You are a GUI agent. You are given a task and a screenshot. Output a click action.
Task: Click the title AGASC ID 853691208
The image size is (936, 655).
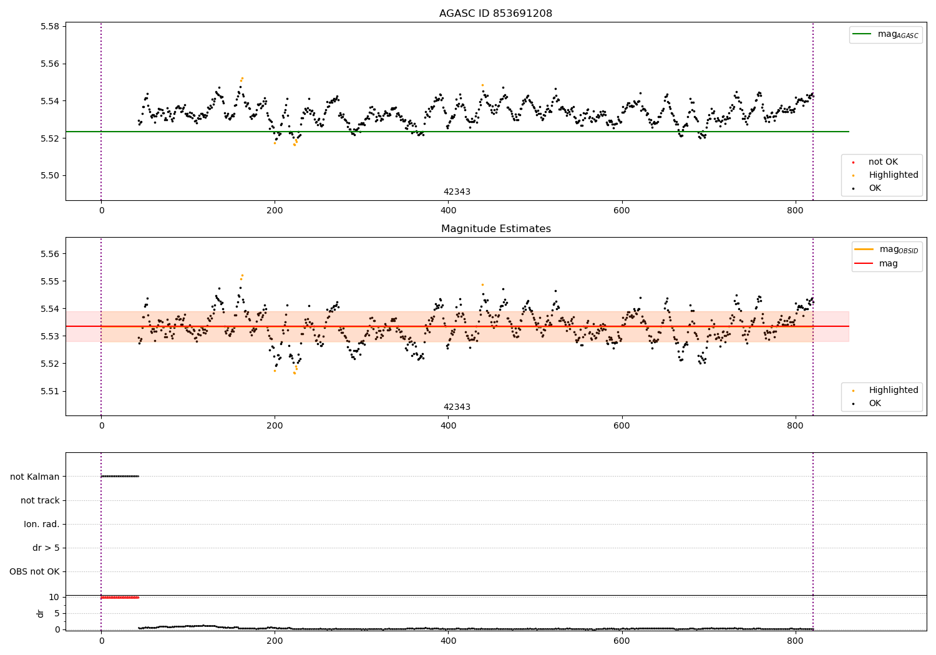coord(495,14)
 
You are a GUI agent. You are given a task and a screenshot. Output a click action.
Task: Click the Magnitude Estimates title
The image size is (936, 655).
coord(495,229)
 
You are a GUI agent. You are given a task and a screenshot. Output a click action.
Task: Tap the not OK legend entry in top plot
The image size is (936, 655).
coord(882,162)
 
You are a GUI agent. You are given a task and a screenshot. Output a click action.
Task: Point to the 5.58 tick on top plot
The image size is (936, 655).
coord(49,27)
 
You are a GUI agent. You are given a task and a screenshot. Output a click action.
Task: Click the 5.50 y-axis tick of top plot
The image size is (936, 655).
coord(49,175)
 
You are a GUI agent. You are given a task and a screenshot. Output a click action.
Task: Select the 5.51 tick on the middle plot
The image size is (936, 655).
coord(49,391)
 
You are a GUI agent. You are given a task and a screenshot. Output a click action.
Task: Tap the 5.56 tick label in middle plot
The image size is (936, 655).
coord(49,254)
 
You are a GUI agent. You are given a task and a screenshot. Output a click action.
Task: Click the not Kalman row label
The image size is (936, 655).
coord(35,477)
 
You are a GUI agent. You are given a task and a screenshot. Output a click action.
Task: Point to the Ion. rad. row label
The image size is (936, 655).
coord(42,524)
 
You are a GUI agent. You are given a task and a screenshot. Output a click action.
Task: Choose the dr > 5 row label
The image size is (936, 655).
coord(46,548)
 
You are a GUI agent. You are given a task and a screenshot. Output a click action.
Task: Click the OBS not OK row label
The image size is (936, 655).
coord(34,571)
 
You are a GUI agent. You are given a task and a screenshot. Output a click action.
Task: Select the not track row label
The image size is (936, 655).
coord(40,500)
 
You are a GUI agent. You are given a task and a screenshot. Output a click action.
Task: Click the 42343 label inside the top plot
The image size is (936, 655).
coord(457,192)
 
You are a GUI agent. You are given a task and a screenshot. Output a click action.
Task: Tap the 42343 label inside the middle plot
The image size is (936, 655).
coord(457,407)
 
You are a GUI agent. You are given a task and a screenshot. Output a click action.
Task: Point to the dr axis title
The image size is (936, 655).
coord(41,613)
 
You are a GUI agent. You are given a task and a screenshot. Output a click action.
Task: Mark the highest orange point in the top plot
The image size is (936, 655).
coord(242,78)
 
